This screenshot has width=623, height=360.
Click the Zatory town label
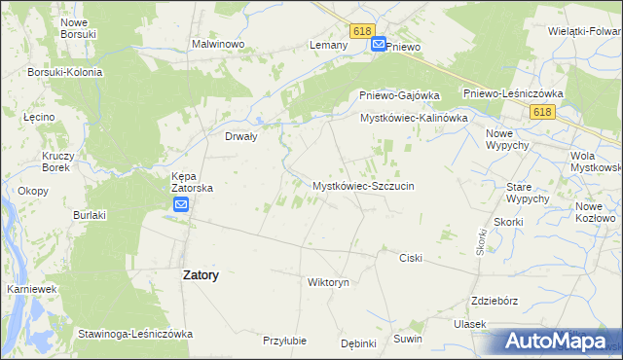(201, 275)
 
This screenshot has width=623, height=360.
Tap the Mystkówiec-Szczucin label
(364, 185)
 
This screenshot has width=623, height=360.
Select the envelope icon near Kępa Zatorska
(182, 204)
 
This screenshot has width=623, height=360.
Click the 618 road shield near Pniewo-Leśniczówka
(543, 113)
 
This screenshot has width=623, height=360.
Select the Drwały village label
(240, 137)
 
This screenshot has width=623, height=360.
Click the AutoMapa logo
(556, 341)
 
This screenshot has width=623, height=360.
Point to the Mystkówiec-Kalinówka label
(415, 118)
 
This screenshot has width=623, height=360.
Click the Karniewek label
(28, 290)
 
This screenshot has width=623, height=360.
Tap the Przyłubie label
(285, 341)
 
